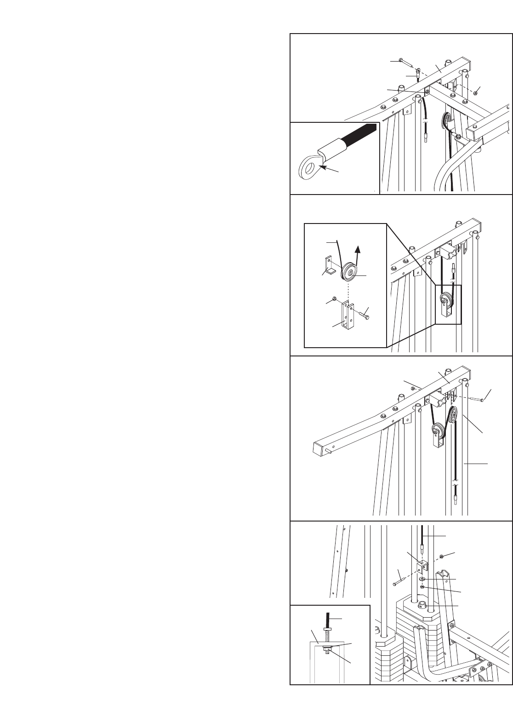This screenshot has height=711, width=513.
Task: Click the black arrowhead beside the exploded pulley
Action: [x=357, y=251]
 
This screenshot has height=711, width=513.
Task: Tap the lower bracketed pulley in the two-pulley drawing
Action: [x=437, y=433]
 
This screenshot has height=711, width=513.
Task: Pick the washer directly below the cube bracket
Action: [x=422, y=579]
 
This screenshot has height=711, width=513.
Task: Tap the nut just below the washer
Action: [x=422, y=588]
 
